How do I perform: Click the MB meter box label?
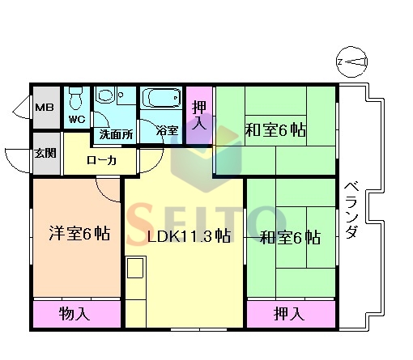pos(45,108)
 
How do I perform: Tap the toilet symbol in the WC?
pos(76,98)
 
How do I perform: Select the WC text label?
pos(77,119)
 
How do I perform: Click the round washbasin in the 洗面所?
pos(105,95)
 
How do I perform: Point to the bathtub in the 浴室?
pos(161,98)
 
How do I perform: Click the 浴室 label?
pos(168,130)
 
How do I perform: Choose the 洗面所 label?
pos(116,134)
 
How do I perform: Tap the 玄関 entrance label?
pos(45,153)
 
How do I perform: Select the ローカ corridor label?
pos(101,160)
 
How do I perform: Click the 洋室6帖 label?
pos(79,233)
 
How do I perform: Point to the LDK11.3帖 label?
pos(189,236)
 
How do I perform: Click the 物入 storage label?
pos(75,314)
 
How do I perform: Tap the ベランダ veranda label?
pos(351,210)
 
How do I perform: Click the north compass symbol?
pos(352,62)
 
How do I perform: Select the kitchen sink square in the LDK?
pos(135,268)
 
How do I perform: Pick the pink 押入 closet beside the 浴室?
pos(199,116)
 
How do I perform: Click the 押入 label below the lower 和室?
pos(289,314)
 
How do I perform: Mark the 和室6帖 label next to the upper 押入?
pos(275,130)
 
